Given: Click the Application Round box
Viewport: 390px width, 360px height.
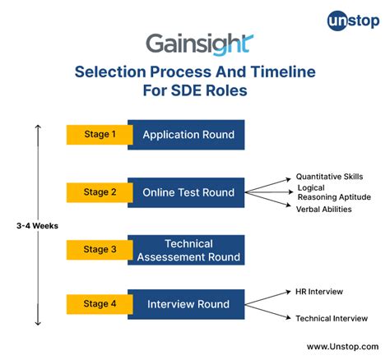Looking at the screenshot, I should coord(188,135).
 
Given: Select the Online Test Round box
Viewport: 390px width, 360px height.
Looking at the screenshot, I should coord(188,192).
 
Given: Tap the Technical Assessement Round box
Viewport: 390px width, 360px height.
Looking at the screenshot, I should coord(188,250).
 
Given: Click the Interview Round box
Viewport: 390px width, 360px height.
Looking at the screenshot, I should coord(188,304).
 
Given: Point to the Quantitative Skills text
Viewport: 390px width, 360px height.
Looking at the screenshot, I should coord(329,176).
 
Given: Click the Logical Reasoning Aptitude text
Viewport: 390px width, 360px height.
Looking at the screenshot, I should coord(332,192).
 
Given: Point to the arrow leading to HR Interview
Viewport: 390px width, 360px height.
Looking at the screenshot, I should coord(267,298).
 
